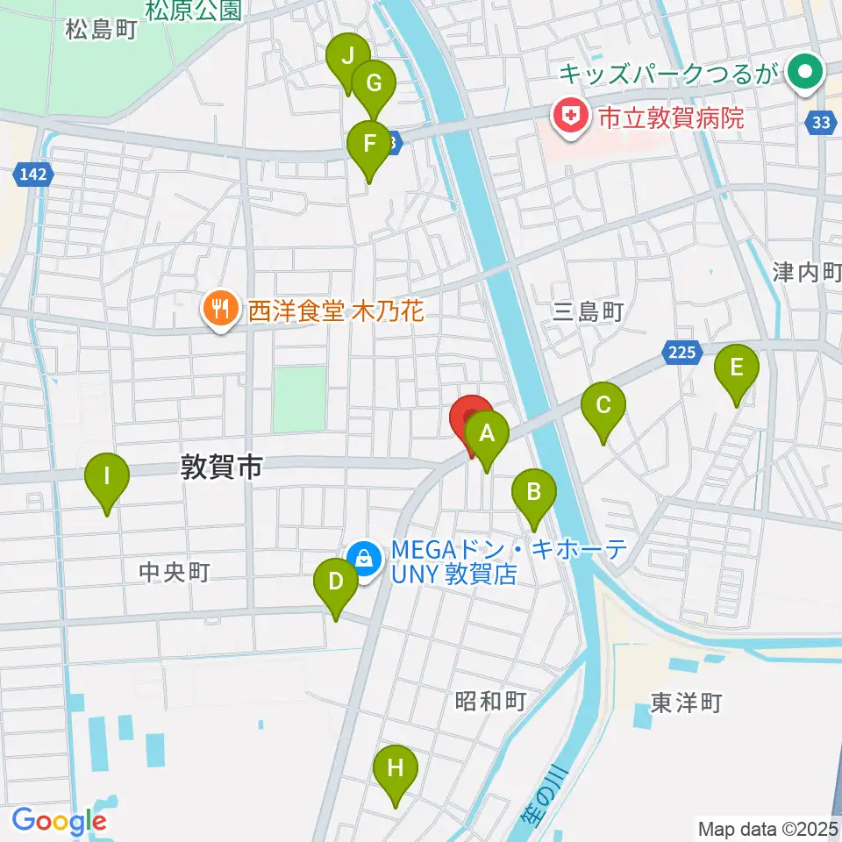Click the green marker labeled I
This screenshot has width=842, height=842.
(x=107, y=479)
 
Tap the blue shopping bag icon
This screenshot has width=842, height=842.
(x=361, y=556)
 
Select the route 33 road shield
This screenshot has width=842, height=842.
(x=820, y=124)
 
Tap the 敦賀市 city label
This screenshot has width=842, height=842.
(x=221, y=468)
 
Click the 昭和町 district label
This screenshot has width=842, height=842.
(x=490, y=701)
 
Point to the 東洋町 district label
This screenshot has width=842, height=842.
(x=686, y=703)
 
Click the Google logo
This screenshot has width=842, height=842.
(x=59, y=822)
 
